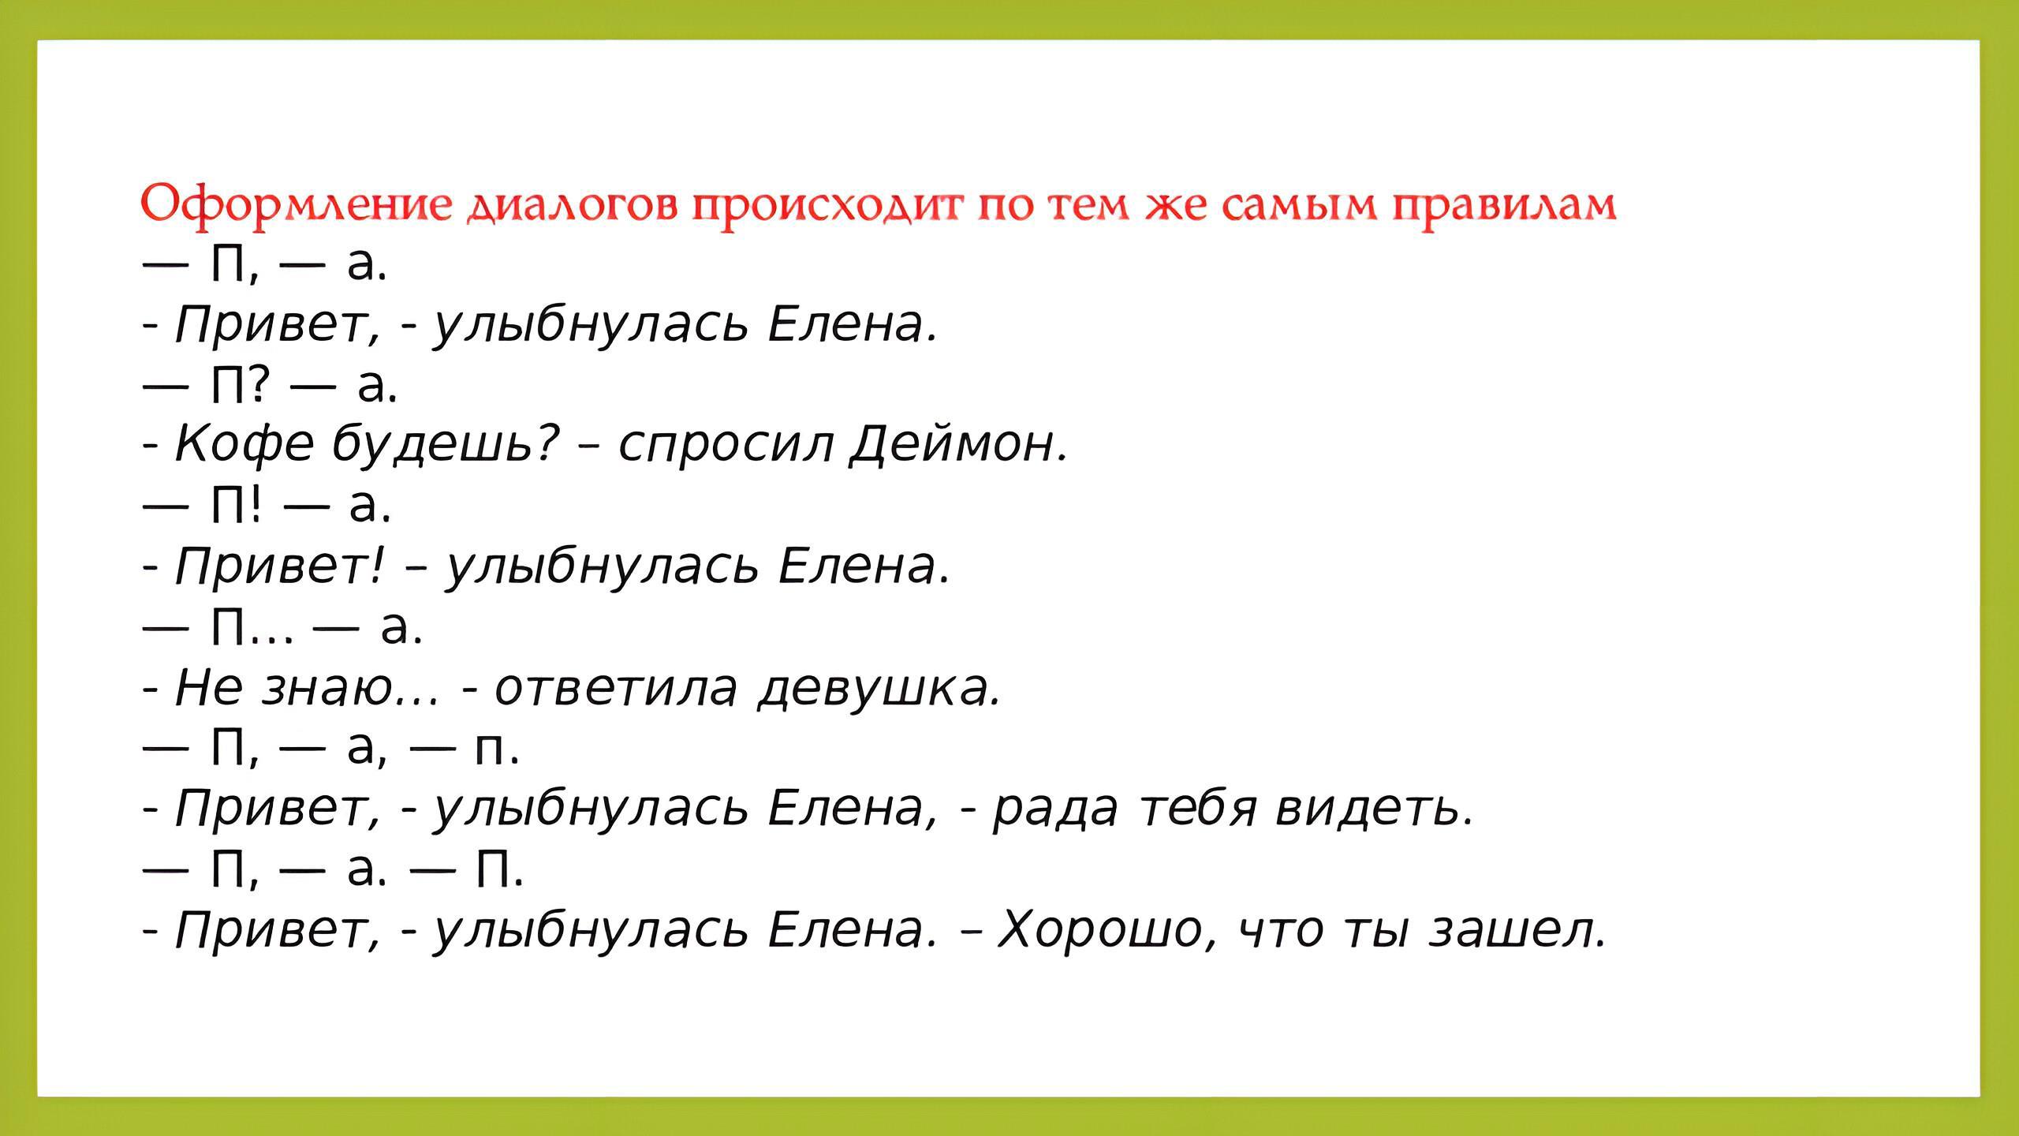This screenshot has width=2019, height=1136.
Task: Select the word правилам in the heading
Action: point(1504,207)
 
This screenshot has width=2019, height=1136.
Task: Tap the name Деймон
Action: point(959,443)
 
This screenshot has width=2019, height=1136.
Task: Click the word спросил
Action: point(726,445)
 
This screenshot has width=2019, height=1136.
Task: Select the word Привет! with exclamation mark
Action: point(280,566)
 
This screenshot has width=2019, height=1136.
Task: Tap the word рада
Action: point(1054,809)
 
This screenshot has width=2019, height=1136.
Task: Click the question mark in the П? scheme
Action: point(261,384)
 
